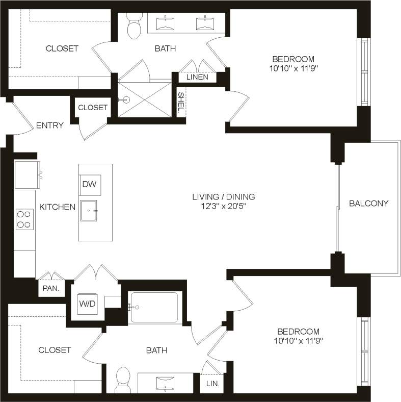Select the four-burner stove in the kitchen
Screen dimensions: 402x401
[x=24, y=219]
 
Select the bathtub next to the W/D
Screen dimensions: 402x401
[x=154, y=307]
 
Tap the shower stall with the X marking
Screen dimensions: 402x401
[x=145, y=99]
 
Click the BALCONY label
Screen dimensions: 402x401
[x=369, y=204]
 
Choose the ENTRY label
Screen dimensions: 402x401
[x=50, y=125]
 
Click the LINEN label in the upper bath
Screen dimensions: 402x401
[x=197, y=77]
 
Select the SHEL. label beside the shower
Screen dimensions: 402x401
[x=181, y=103]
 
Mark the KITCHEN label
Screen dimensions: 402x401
[x=58, y=207]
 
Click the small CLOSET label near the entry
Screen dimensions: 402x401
[x=92, y=108]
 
